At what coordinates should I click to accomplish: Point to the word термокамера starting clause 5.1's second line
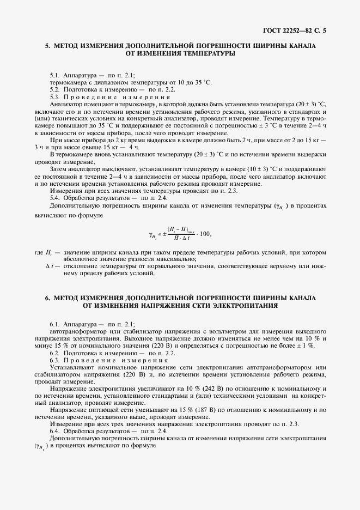coord(68,81)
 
